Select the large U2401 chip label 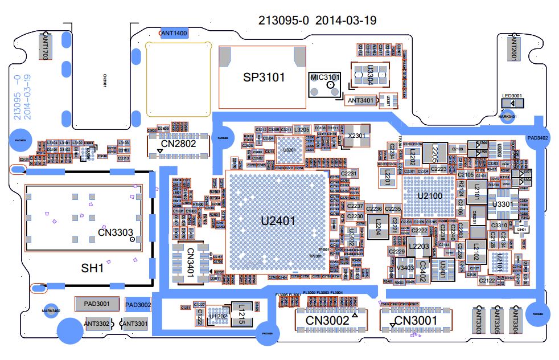pos(278,221)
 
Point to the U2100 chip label pos(430,196)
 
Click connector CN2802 pos(179,145)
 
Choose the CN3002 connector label pos(327,321)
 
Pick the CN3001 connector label pos(416,321)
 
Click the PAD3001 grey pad pos(97,304)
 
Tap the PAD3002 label pos(138,305)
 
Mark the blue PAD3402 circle pos(537,138)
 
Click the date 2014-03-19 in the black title pos(346,21)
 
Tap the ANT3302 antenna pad pos(97,324)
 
